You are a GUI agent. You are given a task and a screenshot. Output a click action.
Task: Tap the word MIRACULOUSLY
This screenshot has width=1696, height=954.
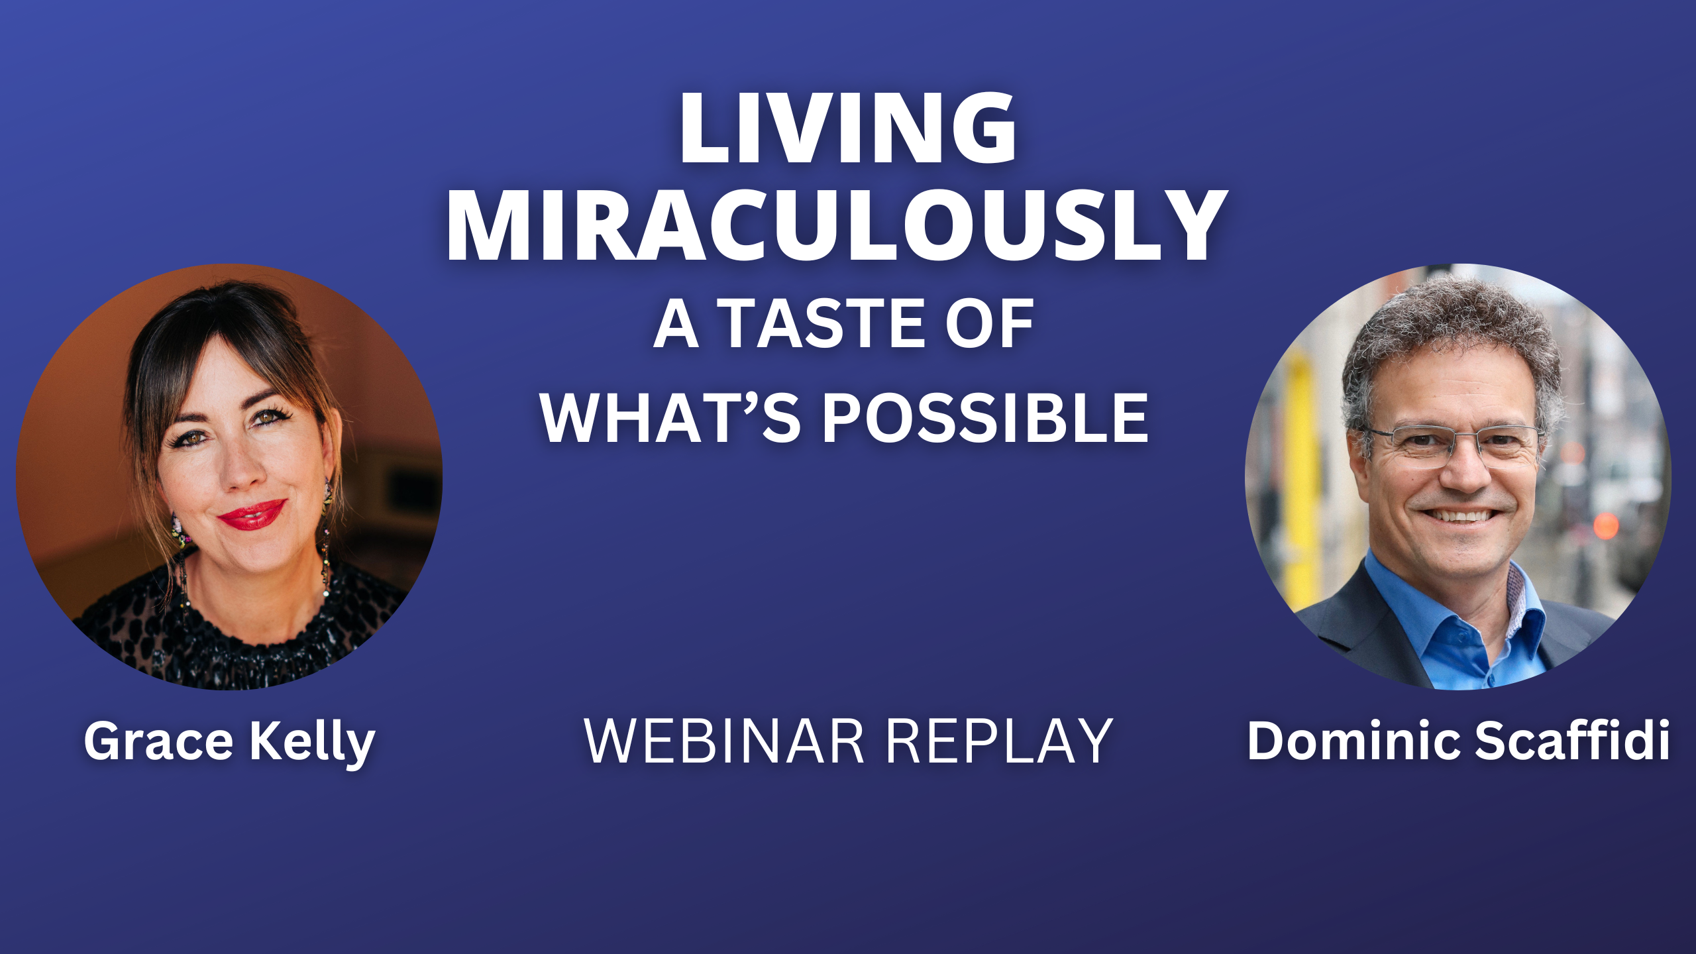point(836,225)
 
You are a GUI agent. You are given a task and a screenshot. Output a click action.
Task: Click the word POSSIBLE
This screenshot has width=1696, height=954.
point(985,417)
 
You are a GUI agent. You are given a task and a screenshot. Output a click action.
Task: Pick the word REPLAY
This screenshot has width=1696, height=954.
point(1000,741)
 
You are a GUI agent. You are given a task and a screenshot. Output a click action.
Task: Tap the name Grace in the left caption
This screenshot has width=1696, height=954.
point(158,741)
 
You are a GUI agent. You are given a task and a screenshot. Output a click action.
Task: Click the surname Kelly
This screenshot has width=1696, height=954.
point(313,743)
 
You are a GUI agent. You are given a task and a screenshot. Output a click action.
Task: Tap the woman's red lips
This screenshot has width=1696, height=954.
point(252,514)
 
